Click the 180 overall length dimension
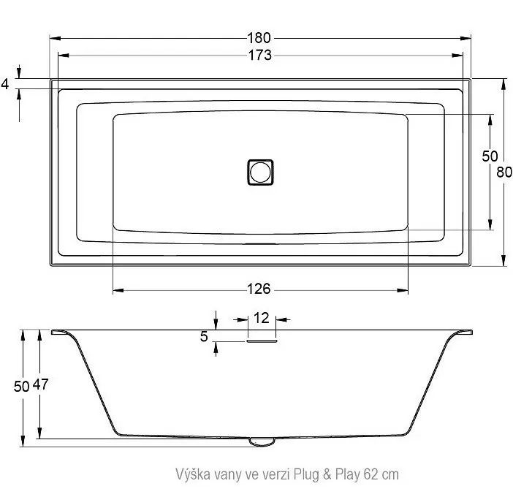pos(259,38)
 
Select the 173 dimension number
pos(259,55)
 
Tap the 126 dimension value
pos(259,289)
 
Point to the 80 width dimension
pos(504,172)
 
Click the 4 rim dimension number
pos(5,84)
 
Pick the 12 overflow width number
pos(262,318)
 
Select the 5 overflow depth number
pos(204,336)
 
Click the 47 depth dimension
pos(41,384)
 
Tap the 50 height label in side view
pos(22,387)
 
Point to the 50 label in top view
pos(490,156)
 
